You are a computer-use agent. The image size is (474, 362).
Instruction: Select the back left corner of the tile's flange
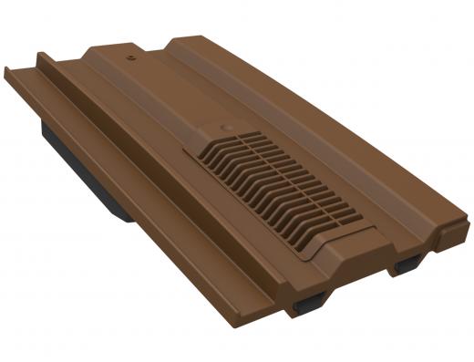click(x=7, y=69)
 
